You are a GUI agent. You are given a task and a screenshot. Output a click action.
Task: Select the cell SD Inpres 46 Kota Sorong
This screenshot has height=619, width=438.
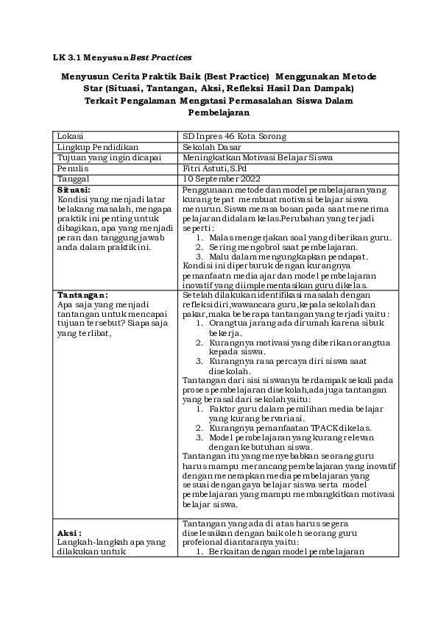tap(234, 136)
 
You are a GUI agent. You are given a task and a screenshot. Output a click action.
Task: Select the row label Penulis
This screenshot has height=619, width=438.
tap(73, 168)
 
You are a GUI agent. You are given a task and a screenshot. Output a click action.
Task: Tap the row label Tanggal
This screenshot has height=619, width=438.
tap(74, 178)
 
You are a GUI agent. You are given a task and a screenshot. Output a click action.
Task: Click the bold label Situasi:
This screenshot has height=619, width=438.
tap(74, 189)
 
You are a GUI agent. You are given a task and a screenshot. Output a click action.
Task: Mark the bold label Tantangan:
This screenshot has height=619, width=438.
tap(82, 295)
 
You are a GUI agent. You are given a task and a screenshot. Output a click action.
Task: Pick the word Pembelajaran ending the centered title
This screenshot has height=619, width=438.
tap(219, 113)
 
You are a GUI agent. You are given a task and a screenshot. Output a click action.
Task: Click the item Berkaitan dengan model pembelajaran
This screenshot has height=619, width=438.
tap(286, 551)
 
